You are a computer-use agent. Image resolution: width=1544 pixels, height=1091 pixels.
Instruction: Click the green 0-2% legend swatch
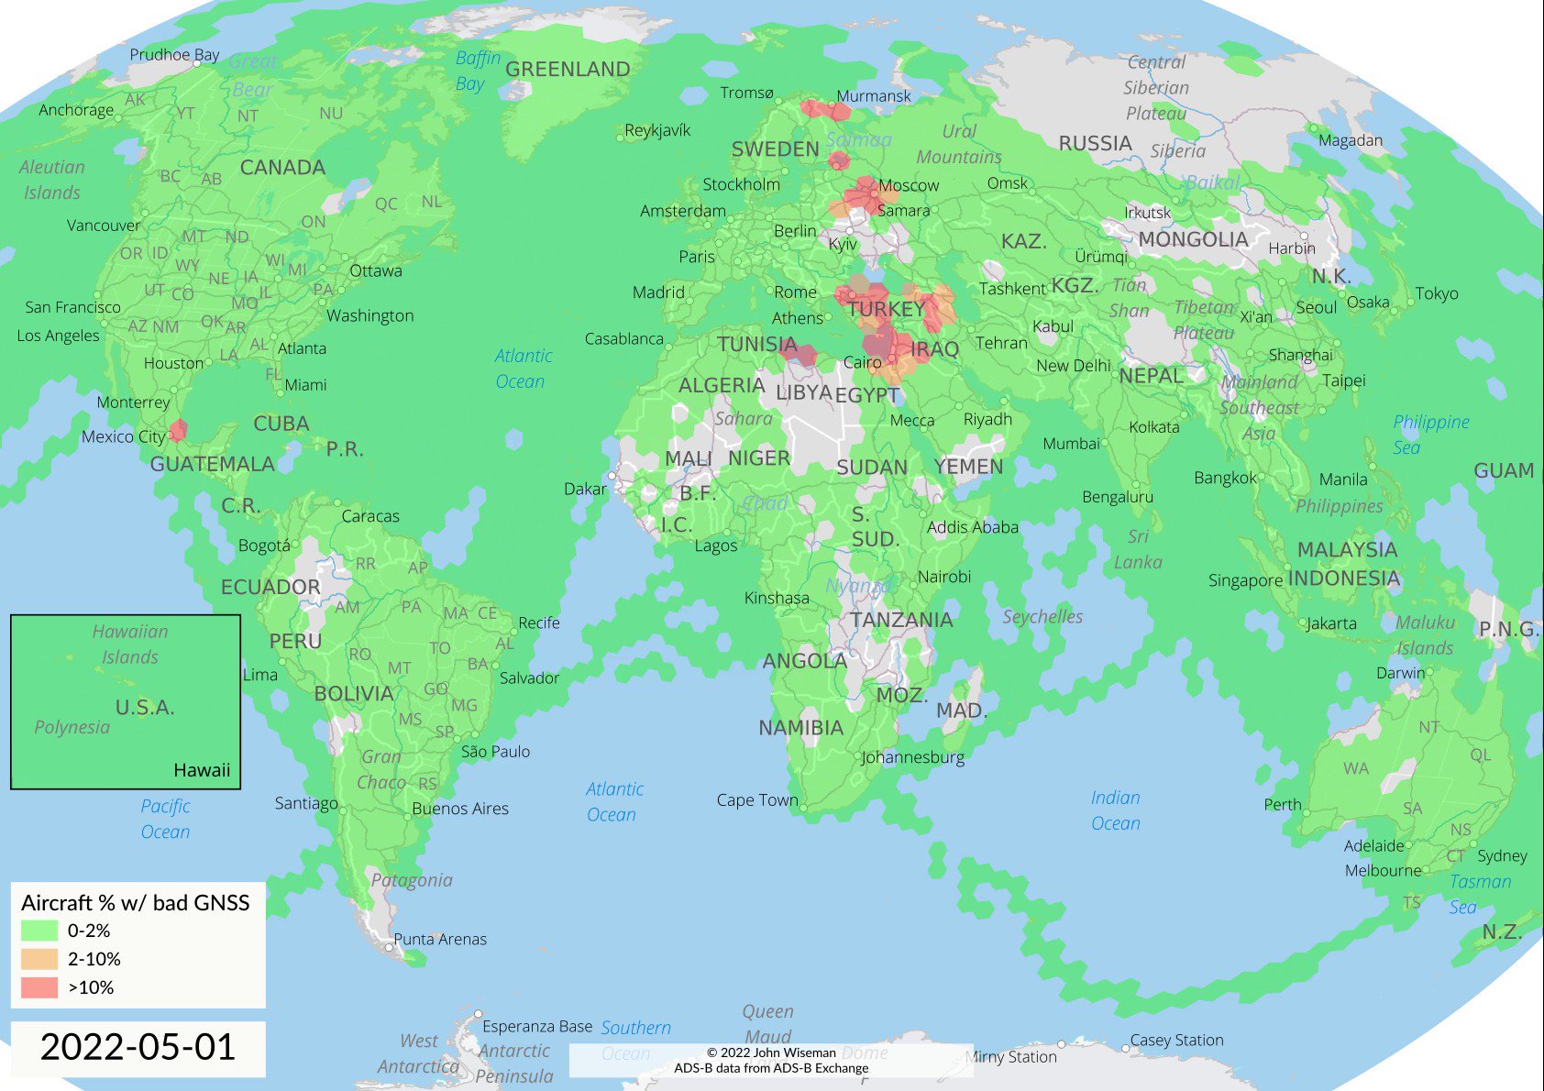39,931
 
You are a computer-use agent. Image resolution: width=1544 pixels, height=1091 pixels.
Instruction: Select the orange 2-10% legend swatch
39,959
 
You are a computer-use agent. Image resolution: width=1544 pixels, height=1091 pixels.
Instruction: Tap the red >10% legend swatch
39,987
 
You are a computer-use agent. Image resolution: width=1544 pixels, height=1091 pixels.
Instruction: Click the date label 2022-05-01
138,1047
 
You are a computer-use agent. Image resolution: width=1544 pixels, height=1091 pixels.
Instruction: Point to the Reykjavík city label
657,130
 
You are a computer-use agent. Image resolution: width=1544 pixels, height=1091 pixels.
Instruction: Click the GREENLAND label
568,70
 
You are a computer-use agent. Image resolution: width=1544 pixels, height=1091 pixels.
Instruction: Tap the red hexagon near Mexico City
178,430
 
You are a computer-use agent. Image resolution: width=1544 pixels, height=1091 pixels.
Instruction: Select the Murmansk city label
874,96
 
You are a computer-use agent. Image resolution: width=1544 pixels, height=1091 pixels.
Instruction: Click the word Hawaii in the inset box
202,770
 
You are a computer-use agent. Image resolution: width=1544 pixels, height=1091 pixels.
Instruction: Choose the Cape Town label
757,800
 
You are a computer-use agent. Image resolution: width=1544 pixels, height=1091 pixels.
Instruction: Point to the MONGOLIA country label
1193,240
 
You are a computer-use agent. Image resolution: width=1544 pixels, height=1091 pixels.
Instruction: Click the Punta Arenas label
440,939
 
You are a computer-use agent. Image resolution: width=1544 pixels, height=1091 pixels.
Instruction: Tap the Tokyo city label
1436,294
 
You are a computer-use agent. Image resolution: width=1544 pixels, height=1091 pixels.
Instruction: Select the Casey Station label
1176,1041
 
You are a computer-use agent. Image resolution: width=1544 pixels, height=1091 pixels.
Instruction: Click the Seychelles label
1042,617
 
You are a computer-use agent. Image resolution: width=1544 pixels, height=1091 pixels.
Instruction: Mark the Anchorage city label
76,110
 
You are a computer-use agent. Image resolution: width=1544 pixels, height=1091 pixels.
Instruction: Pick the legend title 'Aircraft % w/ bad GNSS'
135,903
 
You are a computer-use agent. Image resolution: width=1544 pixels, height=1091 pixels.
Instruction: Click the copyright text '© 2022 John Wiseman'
771,1052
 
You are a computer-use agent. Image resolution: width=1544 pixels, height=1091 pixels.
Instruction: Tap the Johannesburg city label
912,757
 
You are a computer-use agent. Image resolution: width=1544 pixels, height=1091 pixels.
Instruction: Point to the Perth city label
1282,805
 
